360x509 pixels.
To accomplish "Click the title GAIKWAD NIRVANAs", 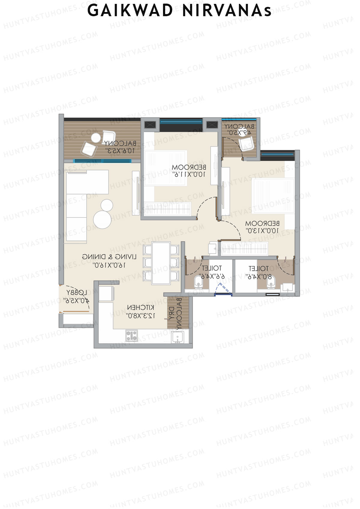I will [180, 11].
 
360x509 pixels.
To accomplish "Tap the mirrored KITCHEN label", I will [141, 308].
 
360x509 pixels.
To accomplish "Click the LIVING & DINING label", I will [109, 257].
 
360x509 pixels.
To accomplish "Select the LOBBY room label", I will [76, 292].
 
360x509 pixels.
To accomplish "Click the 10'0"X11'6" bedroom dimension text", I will [189, 174].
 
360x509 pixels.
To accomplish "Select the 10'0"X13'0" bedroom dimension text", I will [262, 231].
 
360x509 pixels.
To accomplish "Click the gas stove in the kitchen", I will [131, 335].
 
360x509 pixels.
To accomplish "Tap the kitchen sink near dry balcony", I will [177, 337].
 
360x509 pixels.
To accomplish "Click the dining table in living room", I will [161, 263].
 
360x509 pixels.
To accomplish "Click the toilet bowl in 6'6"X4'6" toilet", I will [198, 282].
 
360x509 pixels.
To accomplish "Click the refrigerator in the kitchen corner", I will [106, 294].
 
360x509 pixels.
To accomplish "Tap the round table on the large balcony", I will [96, 138].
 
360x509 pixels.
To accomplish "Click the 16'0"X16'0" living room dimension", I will [109, 265].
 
